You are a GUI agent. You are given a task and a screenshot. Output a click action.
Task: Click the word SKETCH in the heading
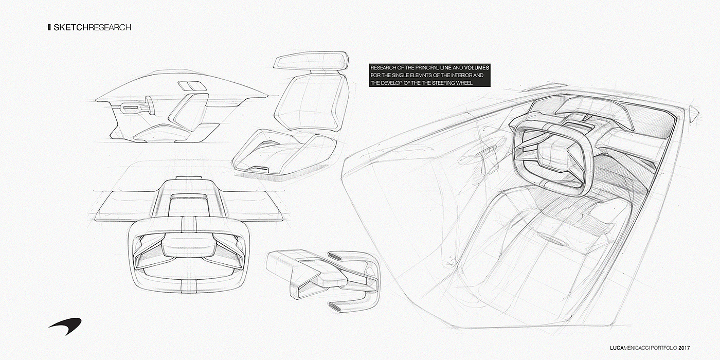[x=70, y=27]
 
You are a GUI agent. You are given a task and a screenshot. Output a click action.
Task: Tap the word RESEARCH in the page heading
[x=110, y=27]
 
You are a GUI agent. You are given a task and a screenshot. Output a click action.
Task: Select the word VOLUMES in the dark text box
[x=473, y=68]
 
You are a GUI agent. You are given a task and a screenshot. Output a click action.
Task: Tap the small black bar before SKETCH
[x=48, y=27]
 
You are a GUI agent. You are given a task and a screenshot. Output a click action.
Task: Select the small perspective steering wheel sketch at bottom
[x=324, y=278]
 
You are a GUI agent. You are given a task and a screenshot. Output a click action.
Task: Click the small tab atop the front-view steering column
[x=184, y=178]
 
